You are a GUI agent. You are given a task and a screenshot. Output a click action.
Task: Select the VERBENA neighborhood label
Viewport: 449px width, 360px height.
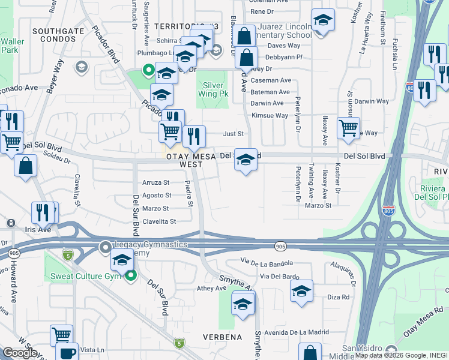pyautogui.click(x=223, y=337)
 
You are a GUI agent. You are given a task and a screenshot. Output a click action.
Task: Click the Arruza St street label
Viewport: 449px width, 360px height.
pyautogui.click(x=156, y=182)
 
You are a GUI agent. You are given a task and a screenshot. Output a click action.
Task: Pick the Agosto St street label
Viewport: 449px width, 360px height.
pyautogui.click(x=157, y=196)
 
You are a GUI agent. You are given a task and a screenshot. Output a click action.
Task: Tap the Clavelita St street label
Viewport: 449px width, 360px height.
pyautogui.click(x=155, y=221)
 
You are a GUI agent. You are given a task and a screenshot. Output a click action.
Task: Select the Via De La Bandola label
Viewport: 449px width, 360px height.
pyautogui.click(x=267, y=262)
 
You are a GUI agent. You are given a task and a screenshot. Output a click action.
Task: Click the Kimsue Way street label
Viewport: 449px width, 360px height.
pyautogui.click(x=270, y=115)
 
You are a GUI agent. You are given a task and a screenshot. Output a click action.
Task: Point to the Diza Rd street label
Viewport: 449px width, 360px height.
pyautogui.click(x=338, y=297)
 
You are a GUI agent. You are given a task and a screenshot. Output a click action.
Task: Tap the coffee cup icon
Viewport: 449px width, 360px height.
pyautogui.click(x=67, y=352)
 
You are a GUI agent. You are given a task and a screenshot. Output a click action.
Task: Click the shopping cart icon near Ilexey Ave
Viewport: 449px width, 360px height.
pyautogui.click(x=348, y=127)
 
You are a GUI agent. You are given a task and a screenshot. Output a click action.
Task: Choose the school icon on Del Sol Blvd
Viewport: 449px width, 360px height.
pyautogui.click(x=245, y=159)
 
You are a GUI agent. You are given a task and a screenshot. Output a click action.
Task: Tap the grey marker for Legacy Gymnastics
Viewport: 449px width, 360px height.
pyautogui.click(x=106, y=246)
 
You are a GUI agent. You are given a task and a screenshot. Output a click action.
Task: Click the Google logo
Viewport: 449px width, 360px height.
pyautogui.click(x=20, y=353)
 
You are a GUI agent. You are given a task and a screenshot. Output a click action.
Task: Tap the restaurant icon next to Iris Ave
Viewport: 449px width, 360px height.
pyautogui.click(x=43, y=212)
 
